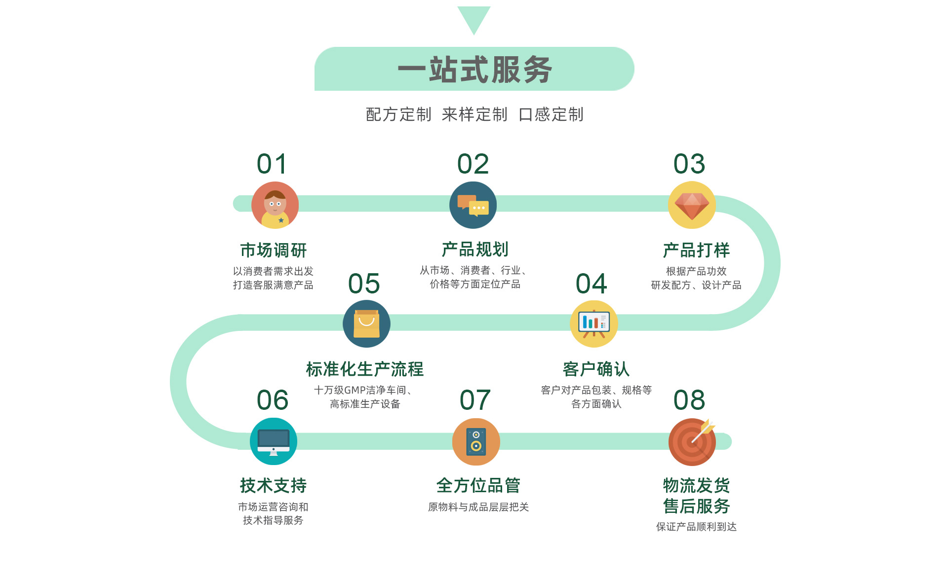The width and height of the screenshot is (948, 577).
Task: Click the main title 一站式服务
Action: tap(474, 70)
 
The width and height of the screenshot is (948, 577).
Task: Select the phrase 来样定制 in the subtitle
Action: tap(474, 114)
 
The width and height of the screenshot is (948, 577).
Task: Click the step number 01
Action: tap(272, 164)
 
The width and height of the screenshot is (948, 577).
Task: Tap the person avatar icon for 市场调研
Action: tap(275, 205)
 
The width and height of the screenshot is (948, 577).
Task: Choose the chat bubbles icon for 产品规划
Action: tap(473, 205)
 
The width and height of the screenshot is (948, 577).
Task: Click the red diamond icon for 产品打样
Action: tap(692, 205)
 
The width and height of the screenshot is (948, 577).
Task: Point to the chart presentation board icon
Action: tap(593, 324)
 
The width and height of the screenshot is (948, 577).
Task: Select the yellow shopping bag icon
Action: tap(366, 324)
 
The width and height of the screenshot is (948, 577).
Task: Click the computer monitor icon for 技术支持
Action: tap(274, 441)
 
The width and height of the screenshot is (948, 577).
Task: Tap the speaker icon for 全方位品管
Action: tap(476, 441)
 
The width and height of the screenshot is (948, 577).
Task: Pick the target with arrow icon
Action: tap(692, 441)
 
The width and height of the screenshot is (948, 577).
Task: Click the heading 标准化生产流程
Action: tap(364, 369)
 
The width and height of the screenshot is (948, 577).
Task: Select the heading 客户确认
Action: tap(596, 369)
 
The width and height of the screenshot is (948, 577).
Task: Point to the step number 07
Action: tap(475, 400)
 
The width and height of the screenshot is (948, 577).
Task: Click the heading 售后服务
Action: tap(696, 506)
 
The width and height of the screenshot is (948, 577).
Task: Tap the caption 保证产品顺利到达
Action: tap(696, 527)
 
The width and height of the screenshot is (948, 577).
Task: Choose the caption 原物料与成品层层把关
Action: tap(478, 507)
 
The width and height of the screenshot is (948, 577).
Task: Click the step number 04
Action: tap(591, 284)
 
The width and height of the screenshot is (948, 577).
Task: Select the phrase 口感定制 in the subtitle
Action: tap(551, 114)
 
